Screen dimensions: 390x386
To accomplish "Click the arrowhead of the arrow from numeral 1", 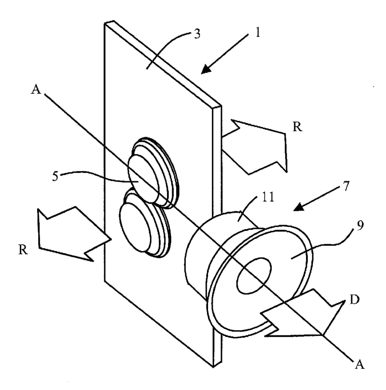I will (205, 70).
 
